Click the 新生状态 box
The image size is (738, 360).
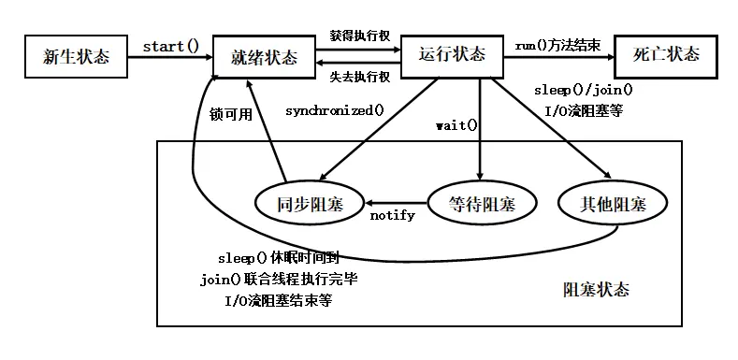[77, 56]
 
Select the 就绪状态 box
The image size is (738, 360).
[264, 57]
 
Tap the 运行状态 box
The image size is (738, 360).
[453, 55]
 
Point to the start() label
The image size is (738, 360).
[170, 46]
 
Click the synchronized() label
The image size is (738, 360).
[335, 110]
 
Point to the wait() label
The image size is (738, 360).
[456, 124]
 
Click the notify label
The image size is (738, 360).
[393, 215]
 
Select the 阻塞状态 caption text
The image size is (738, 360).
[596, 290]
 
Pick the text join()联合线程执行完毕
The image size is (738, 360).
[279, 280]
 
